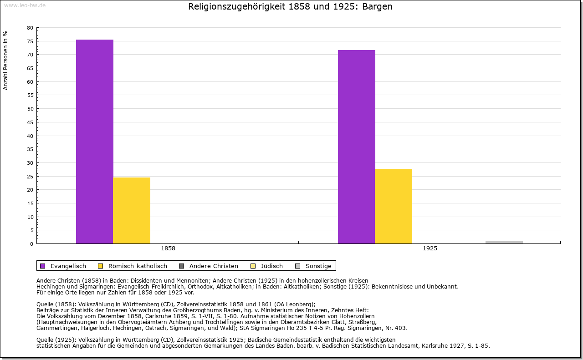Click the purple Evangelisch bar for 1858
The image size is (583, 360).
(95, 142)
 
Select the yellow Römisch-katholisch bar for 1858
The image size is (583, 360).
(132, 210)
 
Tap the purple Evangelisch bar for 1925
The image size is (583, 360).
(357, 147)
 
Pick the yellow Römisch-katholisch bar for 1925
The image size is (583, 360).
(394, 206)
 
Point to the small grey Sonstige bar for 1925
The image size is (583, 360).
(504, 242)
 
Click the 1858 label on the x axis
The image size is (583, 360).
(168, 249)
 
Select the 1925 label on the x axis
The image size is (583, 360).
(430, 249)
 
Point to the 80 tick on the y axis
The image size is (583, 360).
(30, 28)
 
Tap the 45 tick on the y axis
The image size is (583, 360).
(30, 122)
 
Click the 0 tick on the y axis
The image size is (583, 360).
(31, 244)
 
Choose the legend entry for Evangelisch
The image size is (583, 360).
(63, 266)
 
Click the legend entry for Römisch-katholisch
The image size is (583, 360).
(133, 266)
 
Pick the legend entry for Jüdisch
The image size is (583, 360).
(267, 266)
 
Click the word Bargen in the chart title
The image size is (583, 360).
(378, 7)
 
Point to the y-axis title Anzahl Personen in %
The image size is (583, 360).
(5, 60)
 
